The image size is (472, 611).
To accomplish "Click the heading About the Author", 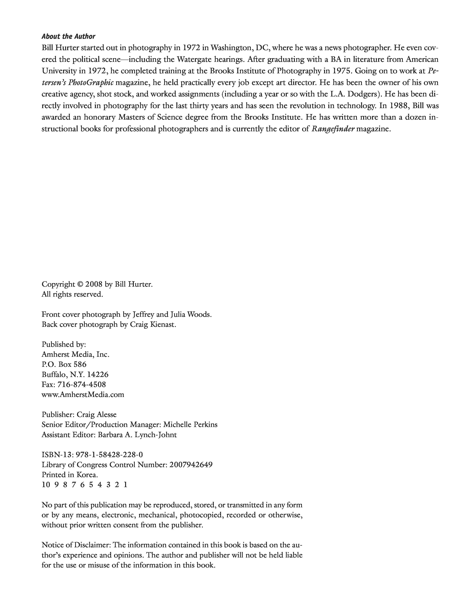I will click(x=68, y=36).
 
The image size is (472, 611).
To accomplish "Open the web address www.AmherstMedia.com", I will click(x=83, y=394).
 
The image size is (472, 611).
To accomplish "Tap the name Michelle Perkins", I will click(x=190, y=425).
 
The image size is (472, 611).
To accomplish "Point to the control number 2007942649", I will click(x=191, y=465).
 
